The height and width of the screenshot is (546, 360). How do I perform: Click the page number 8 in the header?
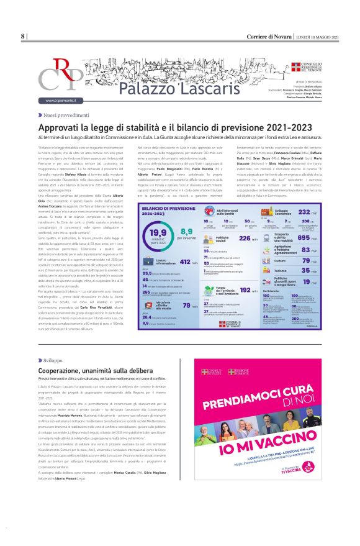coord(23,37)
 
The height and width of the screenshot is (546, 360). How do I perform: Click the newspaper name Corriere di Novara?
coord(265,37)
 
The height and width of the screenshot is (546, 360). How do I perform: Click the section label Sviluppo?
coord(53,360)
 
